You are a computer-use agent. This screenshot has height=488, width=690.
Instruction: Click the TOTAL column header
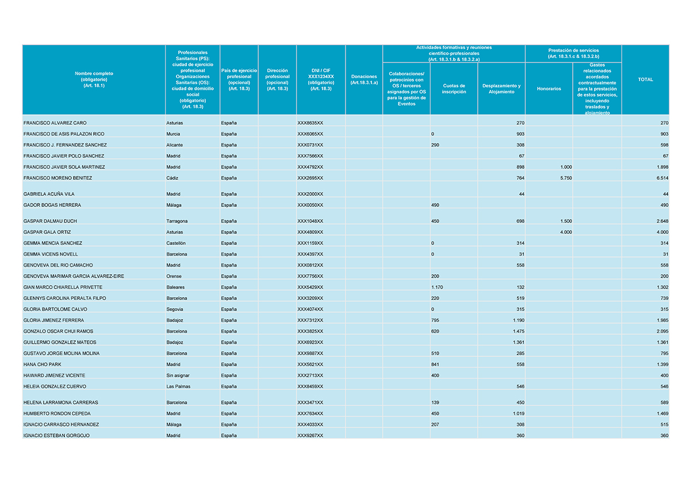645,80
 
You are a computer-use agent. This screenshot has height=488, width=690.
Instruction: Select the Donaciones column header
363,80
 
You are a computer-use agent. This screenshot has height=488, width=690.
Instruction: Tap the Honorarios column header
549,89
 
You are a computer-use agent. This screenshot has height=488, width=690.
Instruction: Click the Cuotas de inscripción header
454,89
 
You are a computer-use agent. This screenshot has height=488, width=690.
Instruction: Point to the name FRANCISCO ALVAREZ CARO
55,123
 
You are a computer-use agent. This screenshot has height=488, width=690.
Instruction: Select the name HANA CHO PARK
42,364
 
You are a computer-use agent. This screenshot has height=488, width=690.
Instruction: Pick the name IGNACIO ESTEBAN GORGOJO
56,436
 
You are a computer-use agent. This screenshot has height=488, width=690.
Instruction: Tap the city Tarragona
177,221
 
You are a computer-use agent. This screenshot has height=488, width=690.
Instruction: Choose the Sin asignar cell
178,375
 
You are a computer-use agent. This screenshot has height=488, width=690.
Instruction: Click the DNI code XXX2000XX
310,194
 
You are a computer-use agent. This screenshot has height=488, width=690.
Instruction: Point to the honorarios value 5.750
566,178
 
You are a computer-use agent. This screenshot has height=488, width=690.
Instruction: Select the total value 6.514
662,178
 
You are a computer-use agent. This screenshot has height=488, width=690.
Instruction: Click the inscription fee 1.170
438,287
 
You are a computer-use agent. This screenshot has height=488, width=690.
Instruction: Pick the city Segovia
175,309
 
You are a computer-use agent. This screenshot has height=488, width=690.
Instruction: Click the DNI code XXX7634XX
310,414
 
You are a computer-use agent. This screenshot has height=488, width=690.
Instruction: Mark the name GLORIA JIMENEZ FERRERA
53,320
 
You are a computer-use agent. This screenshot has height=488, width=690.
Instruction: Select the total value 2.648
662,221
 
